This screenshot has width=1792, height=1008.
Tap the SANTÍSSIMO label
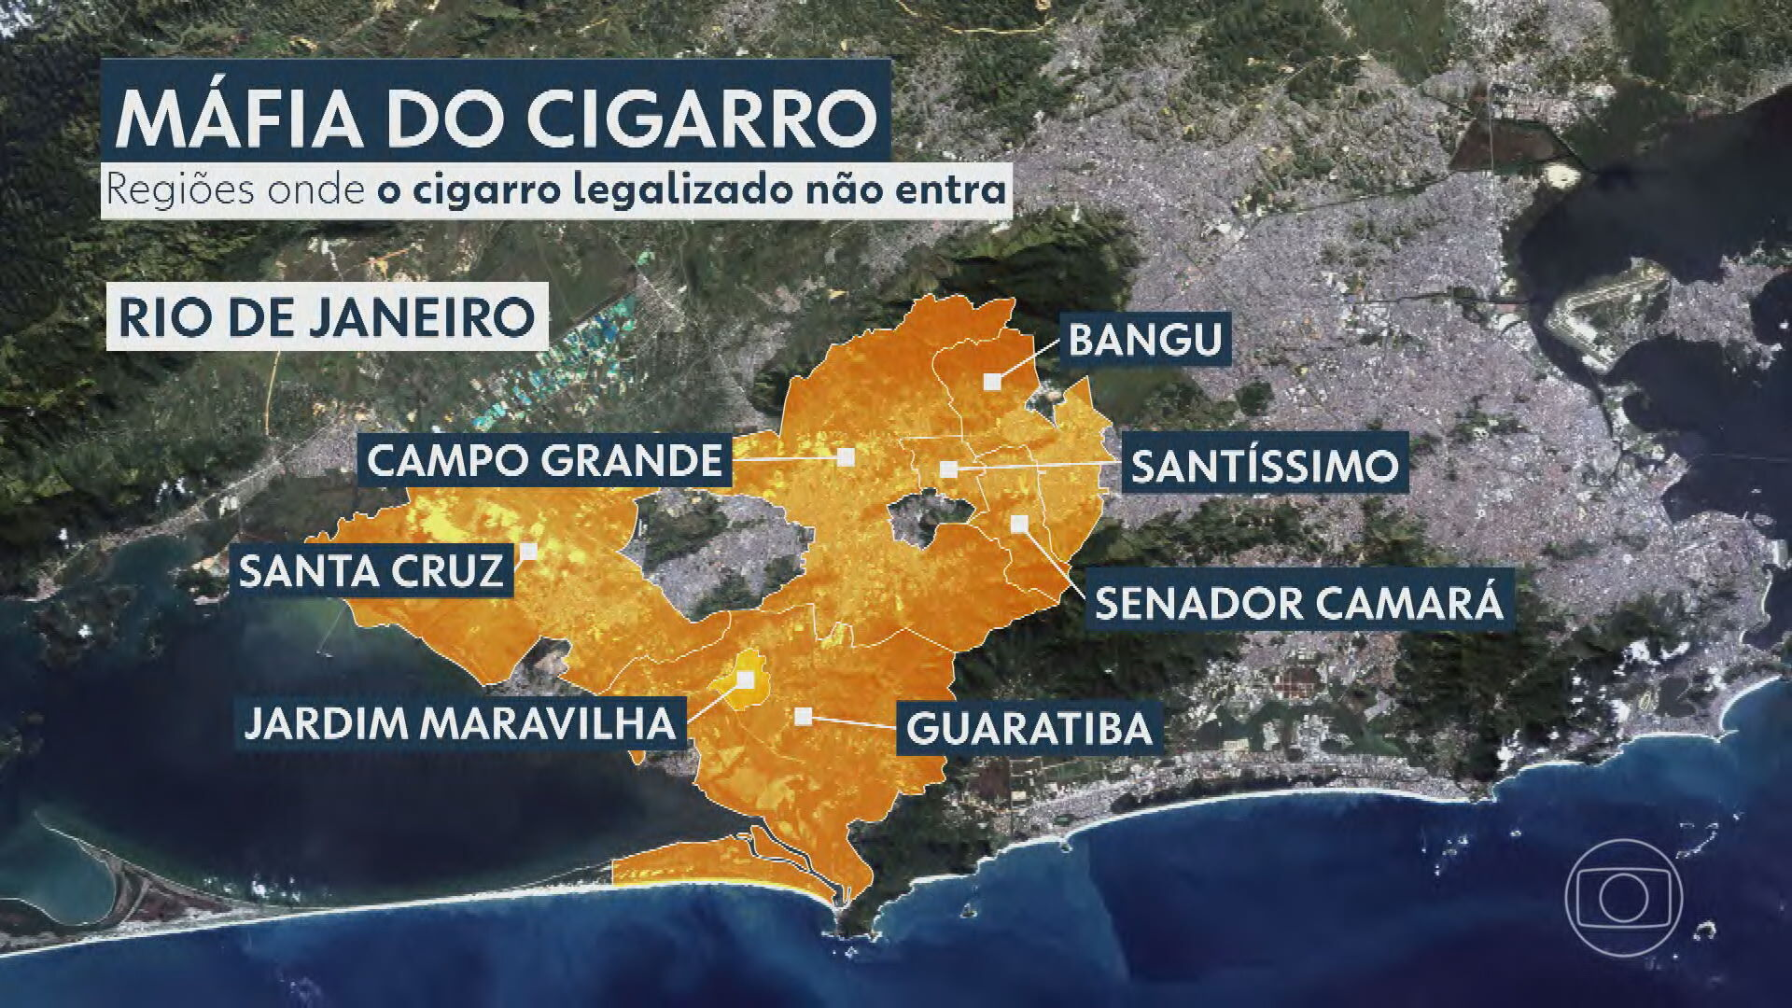click(x=1266, y=465)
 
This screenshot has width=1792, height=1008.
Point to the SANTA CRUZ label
click(x=371, y=570)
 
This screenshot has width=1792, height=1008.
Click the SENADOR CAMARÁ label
click(x=1298, y=603)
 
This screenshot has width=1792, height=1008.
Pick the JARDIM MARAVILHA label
click(x=459, y=722)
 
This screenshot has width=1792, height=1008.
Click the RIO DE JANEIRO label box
click(x=326, y=319)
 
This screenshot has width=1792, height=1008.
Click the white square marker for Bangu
click(x=992, y=381)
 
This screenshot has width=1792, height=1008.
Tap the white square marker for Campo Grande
click(x=846, y=456)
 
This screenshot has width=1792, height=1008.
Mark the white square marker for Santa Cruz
click(x=529, y=551)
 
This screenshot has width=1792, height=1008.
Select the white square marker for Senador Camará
click(x=1019, y=523)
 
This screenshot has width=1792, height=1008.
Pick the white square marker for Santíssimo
click(x=948, y=469)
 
